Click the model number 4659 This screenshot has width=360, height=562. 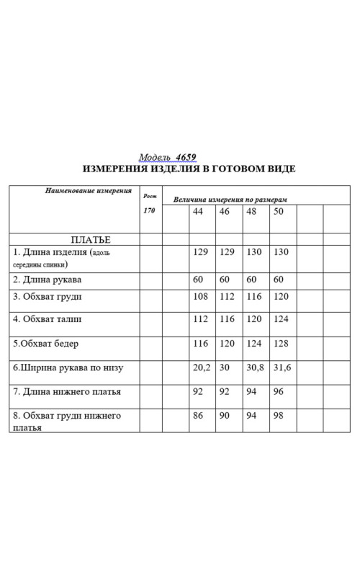click(x=186, y=157)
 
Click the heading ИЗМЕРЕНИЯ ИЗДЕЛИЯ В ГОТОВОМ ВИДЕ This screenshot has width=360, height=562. click(x=189, y=169)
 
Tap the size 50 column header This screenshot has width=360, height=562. click(x=279, y=213)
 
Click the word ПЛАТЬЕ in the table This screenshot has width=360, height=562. click(x=91, y=239)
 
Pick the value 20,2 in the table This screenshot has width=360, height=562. click(x=202, y=367)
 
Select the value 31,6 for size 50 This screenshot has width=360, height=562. click(x=282, y=367)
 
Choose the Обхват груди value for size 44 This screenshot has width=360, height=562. click(x=201, y=296)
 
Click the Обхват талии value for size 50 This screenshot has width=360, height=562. click(x=281, y=318)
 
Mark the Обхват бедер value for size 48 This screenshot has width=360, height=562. click(x=254, y=344)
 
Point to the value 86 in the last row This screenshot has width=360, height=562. click(x=199, y=416)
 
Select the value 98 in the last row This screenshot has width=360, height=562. click(x=279, y=416)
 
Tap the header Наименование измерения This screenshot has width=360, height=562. click(x=89, y=192)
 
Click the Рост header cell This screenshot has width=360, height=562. click(x=149, y=195)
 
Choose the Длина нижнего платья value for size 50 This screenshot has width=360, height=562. click(x=279, y=392)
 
